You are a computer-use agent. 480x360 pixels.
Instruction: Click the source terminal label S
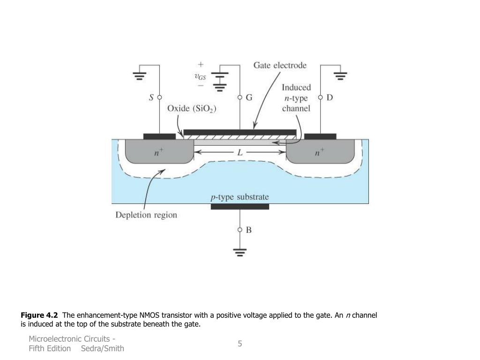click(151, 97)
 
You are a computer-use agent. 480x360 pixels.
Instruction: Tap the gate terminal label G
click(249, 97)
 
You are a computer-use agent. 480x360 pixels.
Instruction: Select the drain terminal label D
click(330, 97)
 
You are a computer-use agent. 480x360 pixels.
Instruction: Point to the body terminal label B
click(248, 230)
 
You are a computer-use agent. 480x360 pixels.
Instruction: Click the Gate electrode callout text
click(280, 65)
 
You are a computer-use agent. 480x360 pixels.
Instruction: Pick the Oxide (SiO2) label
click(192, 108)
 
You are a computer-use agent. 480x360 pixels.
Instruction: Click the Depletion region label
click(146, 215)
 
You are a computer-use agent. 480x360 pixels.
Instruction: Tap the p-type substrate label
click(239, 197)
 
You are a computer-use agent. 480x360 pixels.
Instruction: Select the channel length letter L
click(240, 152)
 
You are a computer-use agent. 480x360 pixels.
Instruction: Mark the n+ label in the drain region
click(320, 152)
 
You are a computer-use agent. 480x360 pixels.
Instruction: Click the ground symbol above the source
click(139, 75)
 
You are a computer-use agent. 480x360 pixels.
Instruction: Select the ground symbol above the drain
click(341, 75)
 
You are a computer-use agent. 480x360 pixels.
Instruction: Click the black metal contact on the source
click(159, 136)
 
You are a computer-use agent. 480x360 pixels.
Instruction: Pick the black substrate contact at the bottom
click(240, 206)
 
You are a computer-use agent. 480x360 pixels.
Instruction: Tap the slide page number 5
click(240, 344)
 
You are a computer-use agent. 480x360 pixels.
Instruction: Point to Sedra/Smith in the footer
click(103, 348)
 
